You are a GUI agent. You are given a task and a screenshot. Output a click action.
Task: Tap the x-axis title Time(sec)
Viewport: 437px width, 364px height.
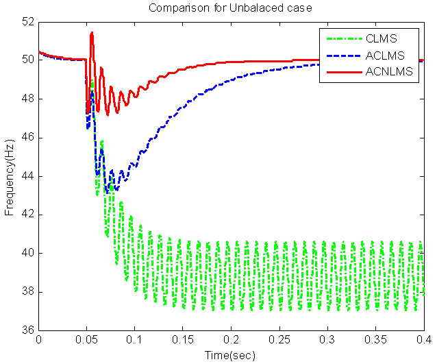[x=230, y=356]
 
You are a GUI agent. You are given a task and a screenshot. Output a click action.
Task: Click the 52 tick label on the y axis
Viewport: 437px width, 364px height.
[x=27, y=21]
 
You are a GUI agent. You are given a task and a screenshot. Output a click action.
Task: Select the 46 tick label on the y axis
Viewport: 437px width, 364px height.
[x=27, y=138]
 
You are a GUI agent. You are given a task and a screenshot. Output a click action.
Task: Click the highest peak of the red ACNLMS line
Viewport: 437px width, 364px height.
[x=91, y=32]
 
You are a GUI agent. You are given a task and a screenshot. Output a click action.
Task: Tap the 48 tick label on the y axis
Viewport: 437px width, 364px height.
[x=27, y=99]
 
